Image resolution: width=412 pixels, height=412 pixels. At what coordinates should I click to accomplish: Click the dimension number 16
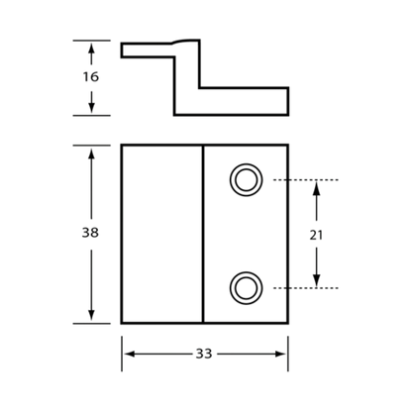90,77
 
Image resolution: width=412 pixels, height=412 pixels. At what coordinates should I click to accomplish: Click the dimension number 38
90,233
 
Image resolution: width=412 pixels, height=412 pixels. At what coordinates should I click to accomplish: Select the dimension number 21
316,235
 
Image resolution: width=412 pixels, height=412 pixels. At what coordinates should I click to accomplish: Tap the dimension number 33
204,354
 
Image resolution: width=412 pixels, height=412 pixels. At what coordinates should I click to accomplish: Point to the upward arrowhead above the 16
91,50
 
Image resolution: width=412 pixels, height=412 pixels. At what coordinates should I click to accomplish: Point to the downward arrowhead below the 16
91,107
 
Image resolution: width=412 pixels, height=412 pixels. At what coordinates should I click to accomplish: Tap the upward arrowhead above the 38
91,154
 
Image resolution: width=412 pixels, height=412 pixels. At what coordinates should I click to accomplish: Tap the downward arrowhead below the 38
91,314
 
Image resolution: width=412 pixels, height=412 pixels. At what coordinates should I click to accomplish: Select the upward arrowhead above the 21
316,188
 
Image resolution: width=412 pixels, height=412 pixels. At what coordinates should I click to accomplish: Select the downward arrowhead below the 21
316,280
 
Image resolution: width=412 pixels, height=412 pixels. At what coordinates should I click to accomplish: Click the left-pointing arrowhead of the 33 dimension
130,354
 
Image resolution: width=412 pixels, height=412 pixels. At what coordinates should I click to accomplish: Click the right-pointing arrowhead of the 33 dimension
279,354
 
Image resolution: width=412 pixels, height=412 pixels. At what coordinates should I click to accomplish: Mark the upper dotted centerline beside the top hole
306,180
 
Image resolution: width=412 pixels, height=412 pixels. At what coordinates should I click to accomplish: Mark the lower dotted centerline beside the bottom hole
306,288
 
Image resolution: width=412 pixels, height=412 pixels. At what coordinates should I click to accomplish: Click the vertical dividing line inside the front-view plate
203,234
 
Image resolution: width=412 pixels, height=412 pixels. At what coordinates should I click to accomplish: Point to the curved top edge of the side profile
185,41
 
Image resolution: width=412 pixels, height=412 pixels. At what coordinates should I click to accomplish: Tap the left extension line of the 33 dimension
122,354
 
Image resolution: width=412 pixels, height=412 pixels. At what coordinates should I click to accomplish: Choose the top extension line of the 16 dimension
91,41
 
